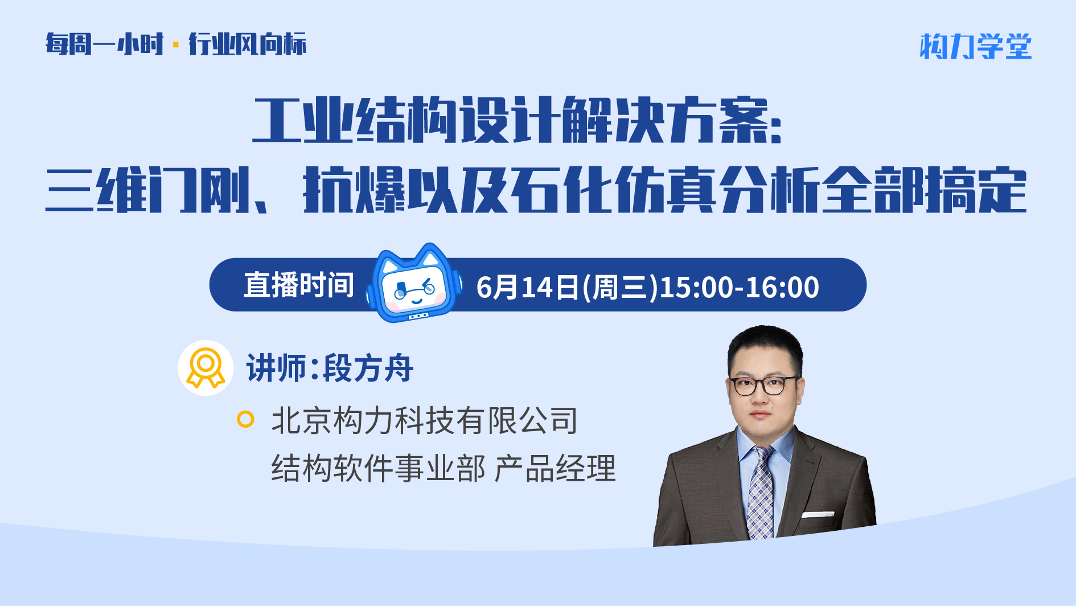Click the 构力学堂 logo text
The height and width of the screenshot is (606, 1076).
tap(976, 46)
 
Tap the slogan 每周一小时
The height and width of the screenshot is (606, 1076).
tap(105, 44)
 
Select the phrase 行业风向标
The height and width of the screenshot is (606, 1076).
tap(248, 44)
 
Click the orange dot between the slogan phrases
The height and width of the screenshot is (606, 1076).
tap(176, 44)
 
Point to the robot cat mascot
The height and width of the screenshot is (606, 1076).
tap(413, 283)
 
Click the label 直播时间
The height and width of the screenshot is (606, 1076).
tap(299, 285)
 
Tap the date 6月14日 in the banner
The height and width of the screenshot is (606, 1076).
tap(528, 286)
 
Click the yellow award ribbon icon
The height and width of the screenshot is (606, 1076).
tap(206, 368)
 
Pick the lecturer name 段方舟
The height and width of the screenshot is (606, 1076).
tap(368, 368)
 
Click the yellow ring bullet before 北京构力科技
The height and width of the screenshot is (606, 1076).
tap(245, 419)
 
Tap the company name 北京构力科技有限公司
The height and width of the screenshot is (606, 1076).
tap(425, 420)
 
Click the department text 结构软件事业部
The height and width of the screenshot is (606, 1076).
tap(379, 468)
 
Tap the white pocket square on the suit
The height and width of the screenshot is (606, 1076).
tap(818, 514)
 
